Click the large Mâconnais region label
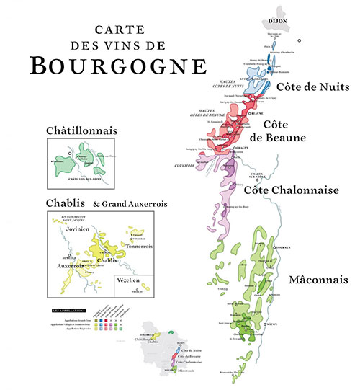coord(314,278)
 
